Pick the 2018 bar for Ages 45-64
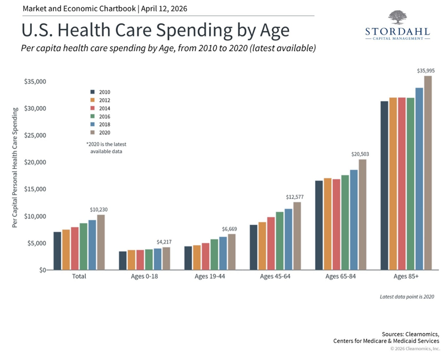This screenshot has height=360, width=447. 289,239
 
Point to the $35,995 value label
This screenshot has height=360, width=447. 425,71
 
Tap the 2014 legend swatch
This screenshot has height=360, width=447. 92,108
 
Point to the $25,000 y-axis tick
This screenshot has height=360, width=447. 35,136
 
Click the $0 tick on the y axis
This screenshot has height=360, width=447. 43,270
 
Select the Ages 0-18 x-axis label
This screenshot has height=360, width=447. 144,277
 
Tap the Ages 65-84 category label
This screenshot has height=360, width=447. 340,277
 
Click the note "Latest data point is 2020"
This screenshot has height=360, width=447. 407,297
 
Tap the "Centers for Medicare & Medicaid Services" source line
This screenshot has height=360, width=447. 386,341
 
